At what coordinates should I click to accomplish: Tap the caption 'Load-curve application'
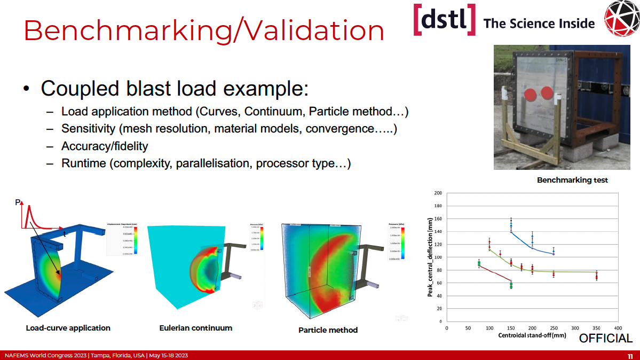(x=68, y=328)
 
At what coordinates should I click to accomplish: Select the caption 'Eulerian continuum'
(x=196, y=328)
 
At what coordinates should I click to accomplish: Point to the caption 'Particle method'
(x=328, y=330)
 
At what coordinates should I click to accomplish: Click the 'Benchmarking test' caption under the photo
(x=572, y=180)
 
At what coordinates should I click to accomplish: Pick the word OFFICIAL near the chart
(x=606, y=338)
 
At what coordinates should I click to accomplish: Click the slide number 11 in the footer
(x=630, y=356)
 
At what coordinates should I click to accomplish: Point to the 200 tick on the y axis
(x=438, y=193)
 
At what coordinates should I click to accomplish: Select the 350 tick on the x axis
(x=596, y=328)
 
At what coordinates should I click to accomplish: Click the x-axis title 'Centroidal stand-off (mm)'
(x=532, y=335)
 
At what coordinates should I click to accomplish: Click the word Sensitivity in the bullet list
(x=88, y=129)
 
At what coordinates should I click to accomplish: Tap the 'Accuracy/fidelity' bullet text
(x=105, y=146)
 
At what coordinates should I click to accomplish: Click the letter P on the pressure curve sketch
(x=18, y=202)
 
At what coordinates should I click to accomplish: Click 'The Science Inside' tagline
(x=539, y=24)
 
